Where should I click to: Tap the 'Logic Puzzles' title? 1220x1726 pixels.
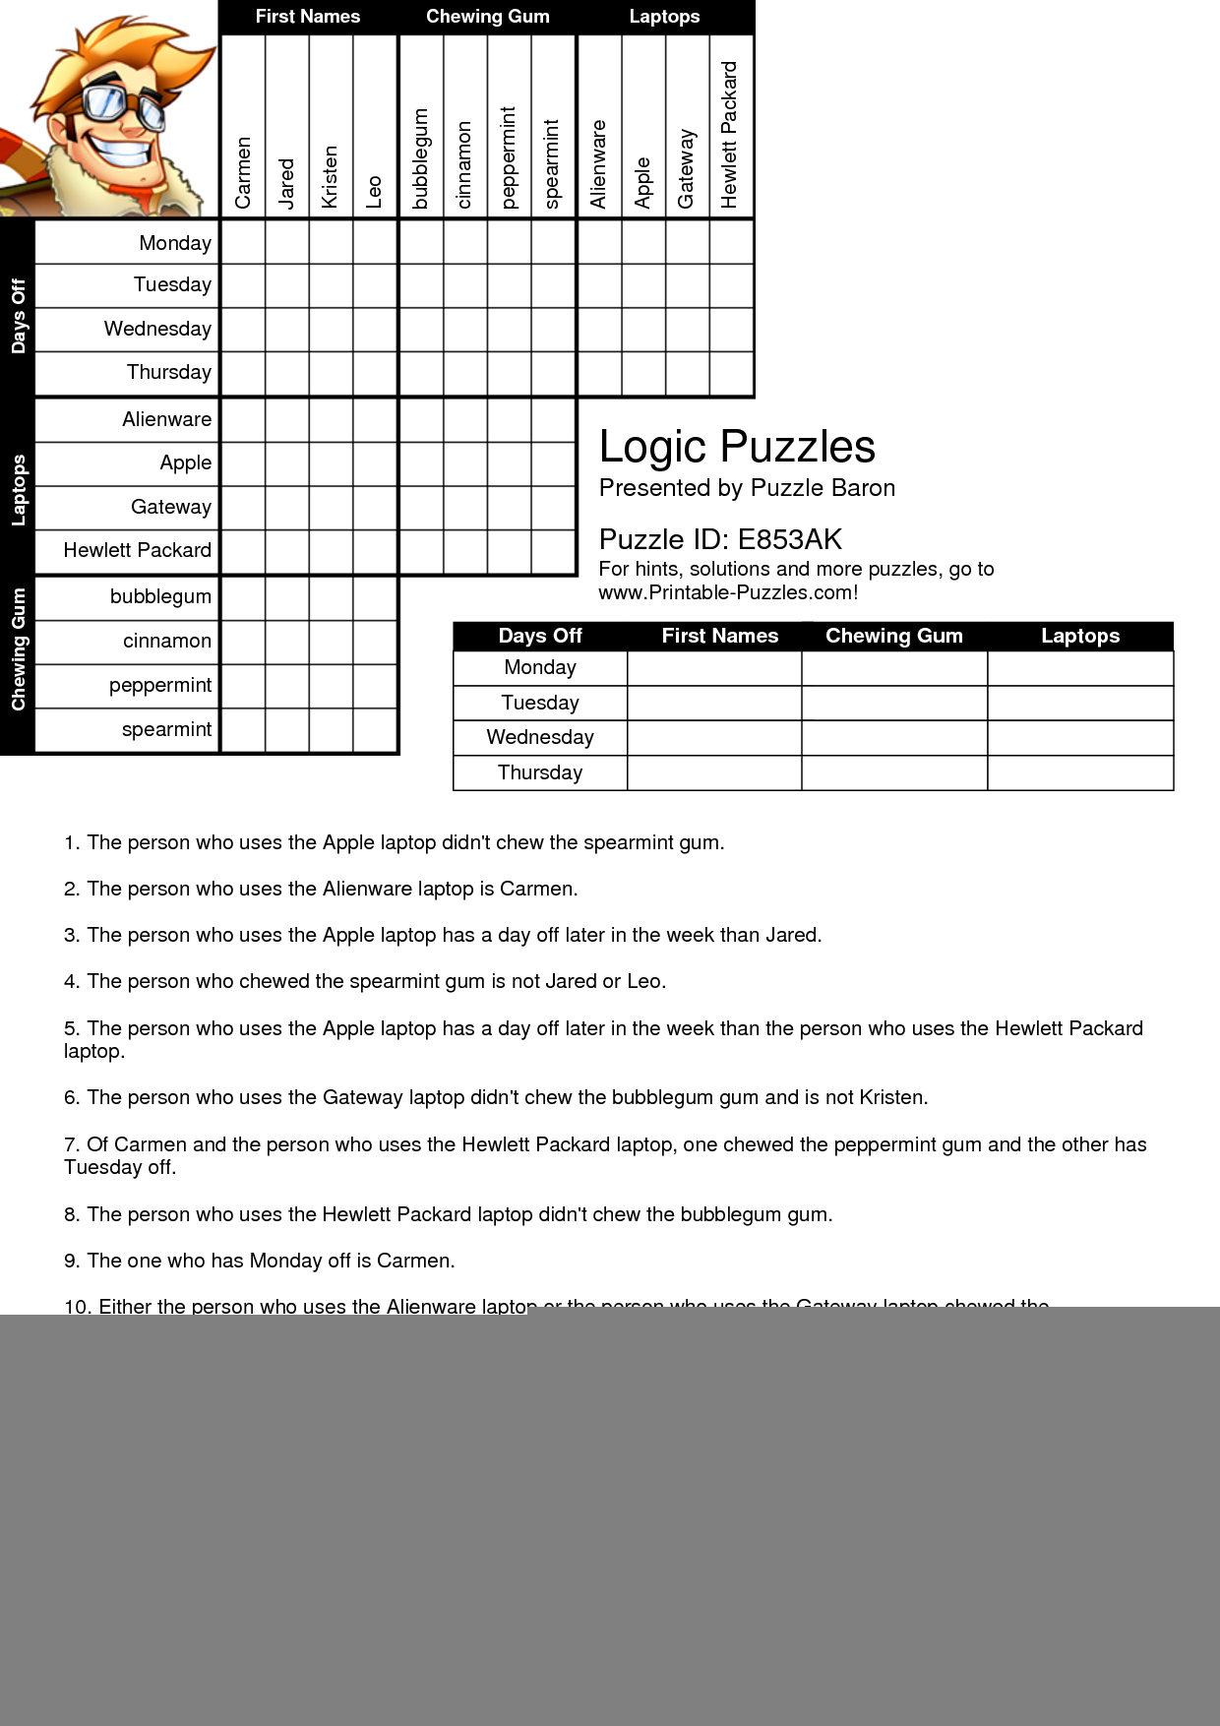(x=737, y=447)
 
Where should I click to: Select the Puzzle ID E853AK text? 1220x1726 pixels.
(x=720, y=539)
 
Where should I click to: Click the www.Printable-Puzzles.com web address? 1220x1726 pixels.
(x=728, y=592)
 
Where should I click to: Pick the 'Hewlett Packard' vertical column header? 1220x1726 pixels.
(x=729, y=135)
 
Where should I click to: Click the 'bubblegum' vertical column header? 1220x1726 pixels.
(x=421, y=157)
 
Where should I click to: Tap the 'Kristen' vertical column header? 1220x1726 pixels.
(x=331, y=177)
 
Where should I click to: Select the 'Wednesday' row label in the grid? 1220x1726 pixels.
(x=157, y=329)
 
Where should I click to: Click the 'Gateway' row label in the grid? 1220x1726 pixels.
(x=171, y=507)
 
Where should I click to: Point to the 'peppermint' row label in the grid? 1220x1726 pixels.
(x=160, y=685)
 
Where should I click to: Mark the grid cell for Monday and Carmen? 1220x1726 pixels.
(x=243, y=242)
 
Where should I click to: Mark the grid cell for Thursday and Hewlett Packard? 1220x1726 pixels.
(x=731, y=374)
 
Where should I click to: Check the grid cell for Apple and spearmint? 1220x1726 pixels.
(x=553, y=463)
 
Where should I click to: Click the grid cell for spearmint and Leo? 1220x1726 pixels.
(x=375, y=730)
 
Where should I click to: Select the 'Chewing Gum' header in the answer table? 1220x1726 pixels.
(x=893, y=636)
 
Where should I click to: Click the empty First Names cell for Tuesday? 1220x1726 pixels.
(x=714, y=703)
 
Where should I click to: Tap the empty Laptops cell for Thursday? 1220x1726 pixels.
(x=1080, y=772)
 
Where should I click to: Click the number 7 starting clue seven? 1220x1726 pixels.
(x=71, y=1144)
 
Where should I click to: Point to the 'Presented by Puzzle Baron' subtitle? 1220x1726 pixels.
(x=747, y=488)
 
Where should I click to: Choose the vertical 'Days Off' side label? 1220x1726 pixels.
(x=18, y=316)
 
